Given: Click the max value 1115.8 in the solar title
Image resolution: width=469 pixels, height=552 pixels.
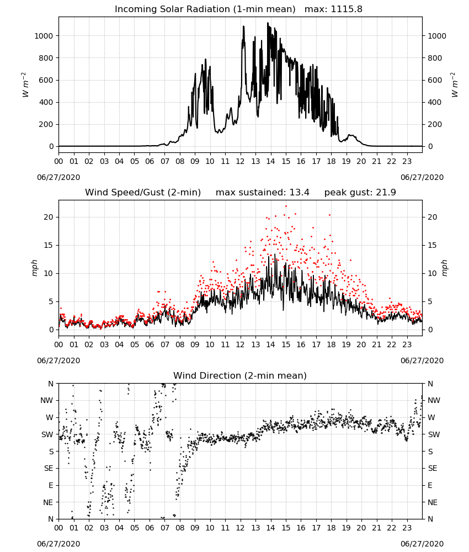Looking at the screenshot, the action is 347,9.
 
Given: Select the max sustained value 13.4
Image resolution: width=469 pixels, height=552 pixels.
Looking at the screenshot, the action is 299,193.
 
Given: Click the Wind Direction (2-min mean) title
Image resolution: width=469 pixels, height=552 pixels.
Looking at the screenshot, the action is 240,375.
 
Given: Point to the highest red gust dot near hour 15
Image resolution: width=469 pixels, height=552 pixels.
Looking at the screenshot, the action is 286,206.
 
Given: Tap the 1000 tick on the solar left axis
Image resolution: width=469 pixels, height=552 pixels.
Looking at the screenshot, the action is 44,36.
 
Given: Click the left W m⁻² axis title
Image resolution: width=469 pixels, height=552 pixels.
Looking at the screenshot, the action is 25,84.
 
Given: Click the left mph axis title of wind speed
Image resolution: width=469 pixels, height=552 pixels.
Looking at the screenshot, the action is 34,268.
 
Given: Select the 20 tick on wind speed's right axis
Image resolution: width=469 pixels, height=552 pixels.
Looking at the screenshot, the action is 433,217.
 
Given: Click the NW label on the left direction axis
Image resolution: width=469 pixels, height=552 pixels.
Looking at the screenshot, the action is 47,401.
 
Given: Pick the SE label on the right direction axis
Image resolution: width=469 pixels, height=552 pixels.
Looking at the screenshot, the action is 433,469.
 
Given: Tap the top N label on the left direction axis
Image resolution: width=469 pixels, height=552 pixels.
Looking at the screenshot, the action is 51,384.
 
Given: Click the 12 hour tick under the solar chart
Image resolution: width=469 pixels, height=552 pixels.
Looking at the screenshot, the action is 241,162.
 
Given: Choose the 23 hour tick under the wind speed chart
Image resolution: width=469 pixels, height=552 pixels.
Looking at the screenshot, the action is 407,344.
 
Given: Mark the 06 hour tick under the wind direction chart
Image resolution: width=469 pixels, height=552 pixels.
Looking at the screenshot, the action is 150,528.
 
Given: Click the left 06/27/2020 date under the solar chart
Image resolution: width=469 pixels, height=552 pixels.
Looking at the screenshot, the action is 58,177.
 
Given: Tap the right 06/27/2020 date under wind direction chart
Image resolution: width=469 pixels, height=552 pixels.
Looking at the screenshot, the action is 422,544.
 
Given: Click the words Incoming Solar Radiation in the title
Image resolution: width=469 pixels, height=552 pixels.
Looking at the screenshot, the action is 172,9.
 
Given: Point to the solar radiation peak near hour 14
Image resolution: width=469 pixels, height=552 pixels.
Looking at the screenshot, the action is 268,23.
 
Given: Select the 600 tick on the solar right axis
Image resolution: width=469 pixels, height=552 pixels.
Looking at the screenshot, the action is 435,80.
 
